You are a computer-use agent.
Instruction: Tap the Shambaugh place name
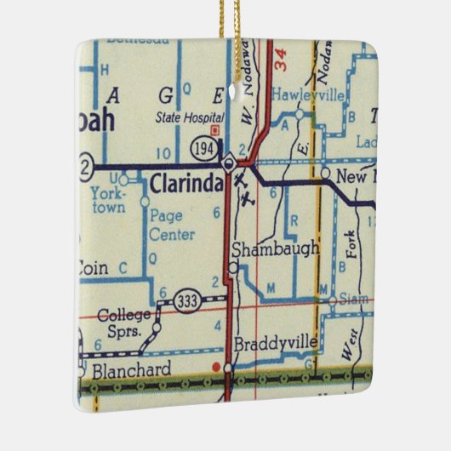275,248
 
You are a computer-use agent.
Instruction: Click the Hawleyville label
307,96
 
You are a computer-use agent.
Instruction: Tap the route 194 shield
203,147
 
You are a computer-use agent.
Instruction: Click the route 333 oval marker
188,298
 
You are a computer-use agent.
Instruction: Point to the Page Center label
172,225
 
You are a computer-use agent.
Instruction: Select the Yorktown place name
107,200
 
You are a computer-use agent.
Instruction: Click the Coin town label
93,268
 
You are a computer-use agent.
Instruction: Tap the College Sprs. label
124,321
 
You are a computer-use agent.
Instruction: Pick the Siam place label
351,300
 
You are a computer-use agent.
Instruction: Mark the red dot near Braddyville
217,366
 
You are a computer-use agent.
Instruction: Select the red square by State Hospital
214,131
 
